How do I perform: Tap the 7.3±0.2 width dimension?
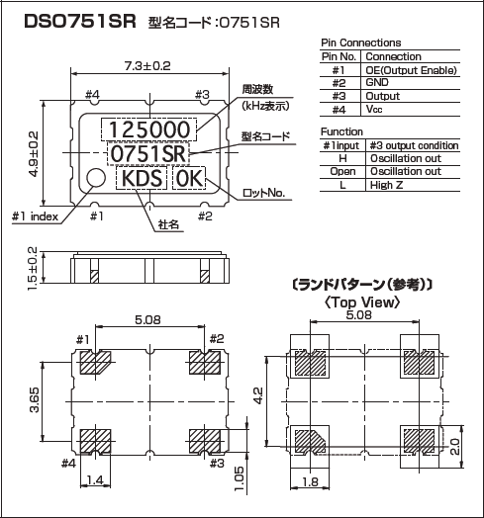(148, 65)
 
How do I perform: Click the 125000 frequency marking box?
(149, 129)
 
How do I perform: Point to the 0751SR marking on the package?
(148, 154)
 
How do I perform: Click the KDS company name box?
(142, 179)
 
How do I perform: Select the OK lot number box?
(189, 179)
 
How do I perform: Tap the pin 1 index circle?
(96, 178)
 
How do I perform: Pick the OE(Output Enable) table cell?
(411, 70)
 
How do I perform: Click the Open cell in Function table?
(342, 171)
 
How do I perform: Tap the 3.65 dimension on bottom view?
(33, 402)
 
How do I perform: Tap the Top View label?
(361, 302)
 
